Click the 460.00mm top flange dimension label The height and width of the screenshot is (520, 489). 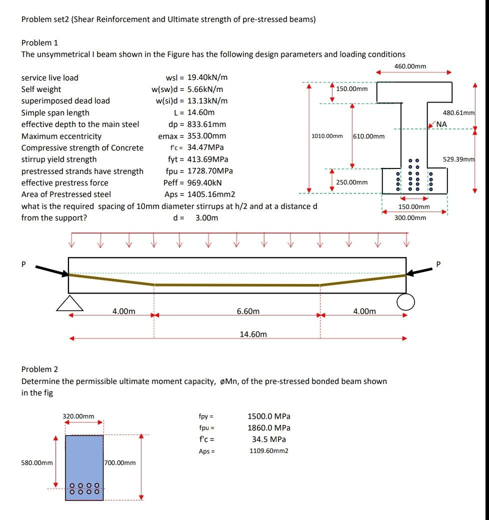click(410, 66)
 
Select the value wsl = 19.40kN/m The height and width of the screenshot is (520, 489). click(196, 77)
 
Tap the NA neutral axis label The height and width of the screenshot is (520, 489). click(442, 124)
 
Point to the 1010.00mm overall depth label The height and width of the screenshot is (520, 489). click(327, 136)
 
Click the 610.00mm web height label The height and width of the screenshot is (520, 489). click(369, 136)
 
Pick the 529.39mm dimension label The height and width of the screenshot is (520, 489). click(458, 159)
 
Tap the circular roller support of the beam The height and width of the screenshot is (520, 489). click(406, 302)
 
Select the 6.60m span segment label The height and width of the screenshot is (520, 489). click(248, 311)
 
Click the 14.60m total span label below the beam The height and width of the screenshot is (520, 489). click(253, 333)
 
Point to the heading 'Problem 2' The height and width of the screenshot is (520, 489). click(39, 369)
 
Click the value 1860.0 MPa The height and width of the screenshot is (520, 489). click(269, 427)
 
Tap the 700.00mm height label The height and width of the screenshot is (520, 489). click(120, 462)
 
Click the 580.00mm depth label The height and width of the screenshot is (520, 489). click(37, 462)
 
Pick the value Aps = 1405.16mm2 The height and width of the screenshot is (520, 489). click(200, 194)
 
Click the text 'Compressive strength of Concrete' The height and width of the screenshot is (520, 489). click(82, 147)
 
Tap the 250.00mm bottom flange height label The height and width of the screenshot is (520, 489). click(352, 182)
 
